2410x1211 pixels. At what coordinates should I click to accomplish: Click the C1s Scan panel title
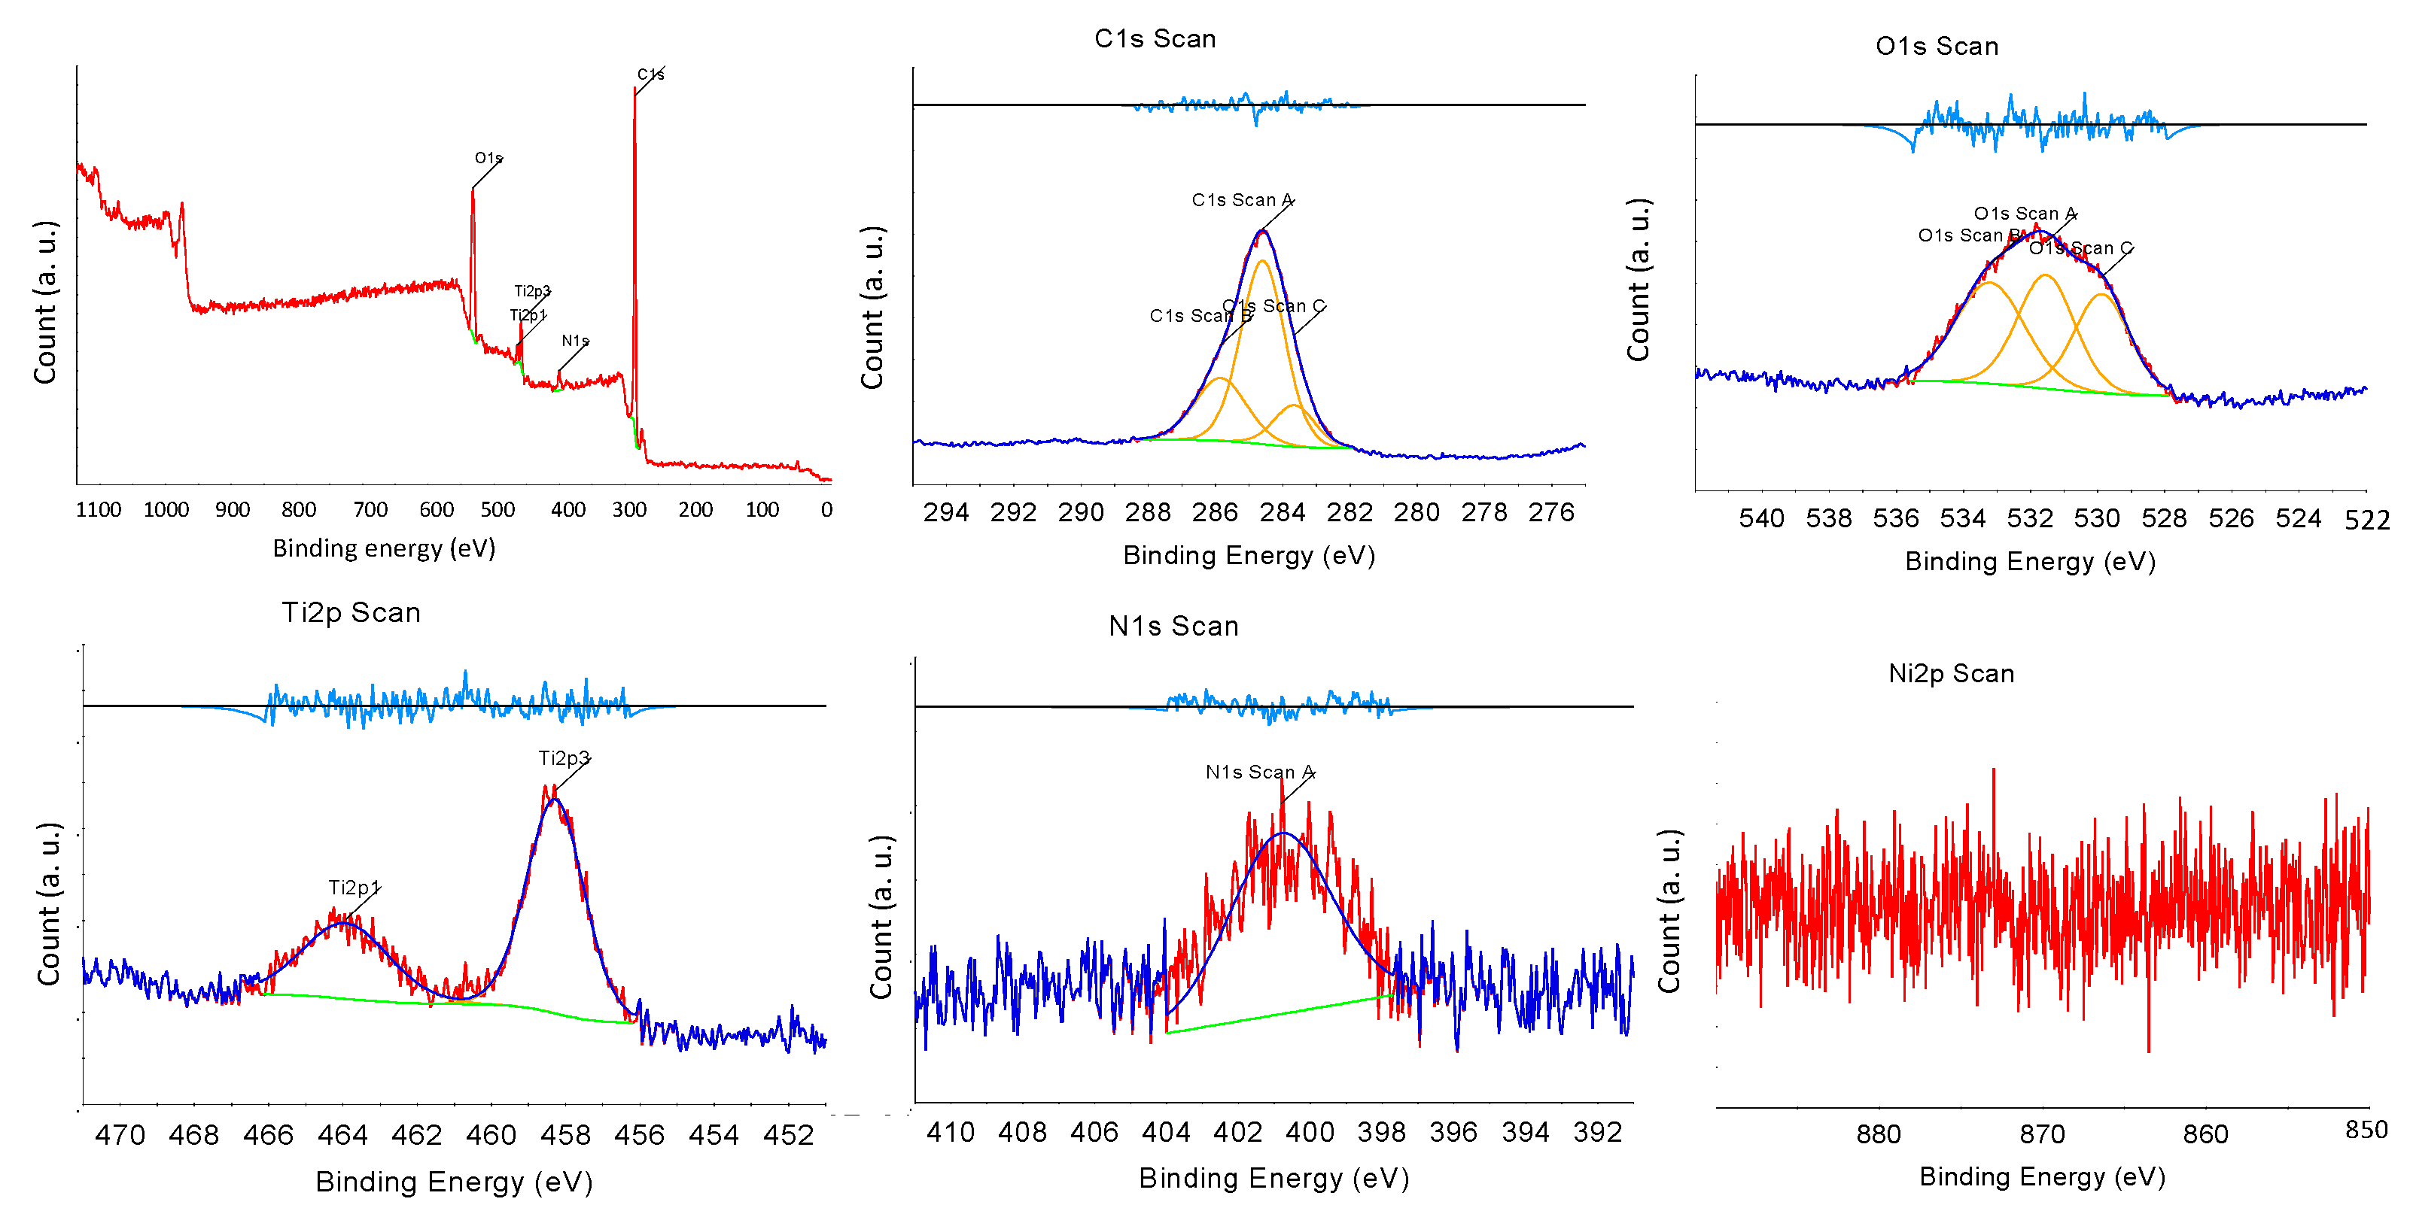click(x=1155, y=38)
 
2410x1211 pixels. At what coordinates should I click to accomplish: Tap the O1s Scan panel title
click(x=1937, y=46)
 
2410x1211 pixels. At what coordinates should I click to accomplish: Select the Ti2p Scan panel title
click(x=351, y=612)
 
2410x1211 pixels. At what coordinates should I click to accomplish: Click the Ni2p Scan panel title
click(x=1951, y=673)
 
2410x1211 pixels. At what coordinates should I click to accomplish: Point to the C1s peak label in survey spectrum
click(x=650, y=74)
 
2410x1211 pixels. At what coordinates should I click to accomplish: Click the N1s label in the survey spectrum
click(x=574, y=341)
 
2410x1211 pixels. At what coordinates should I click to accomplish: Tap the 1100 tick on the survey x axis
click(x=99, y=510)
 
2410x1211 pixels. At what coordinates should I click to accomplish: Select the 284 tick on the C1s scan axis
click(x=1282, y=512)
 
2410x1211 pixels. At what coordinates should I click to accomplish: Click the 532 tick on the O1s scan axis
click(x=2029, y=519)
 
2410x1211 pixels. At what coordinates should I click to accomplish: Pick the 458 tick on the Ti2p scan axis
click(x=565, y=1135)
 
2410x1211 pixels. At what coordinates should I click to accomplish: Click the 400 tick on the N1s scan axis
click(x=1309, y=1133)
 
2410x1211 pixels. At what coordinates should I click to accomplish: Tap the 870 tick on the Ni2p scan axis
click(x=2041, y=1134)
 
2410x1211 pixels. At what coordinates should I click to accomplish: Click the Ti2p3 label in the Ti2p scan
click(x=563, y=758)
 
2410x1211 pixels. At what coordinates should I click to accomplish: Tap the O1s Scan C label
click(x=2080, y=247)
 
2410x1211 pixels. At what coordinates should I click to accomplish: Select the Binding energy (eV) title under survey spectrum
click(x=384, y=548)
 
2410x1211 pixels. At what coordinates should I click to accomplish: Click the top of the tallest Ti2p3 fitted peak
click(x=555, y=799)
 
